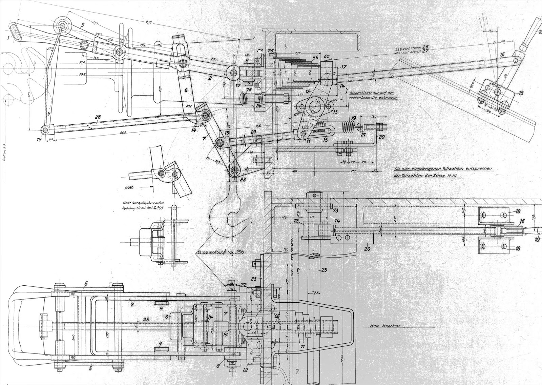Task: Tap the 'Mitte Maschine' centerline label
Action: [385, 326]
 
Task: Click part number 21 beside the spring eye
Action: [363, 135]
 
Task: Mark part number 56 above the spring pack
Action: [315, 58]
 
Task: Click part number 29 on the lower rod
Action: [253, 131]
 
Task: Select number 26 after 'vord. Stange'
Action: [426, 46]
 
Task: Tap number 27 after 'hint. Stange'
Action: [426, 52]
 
